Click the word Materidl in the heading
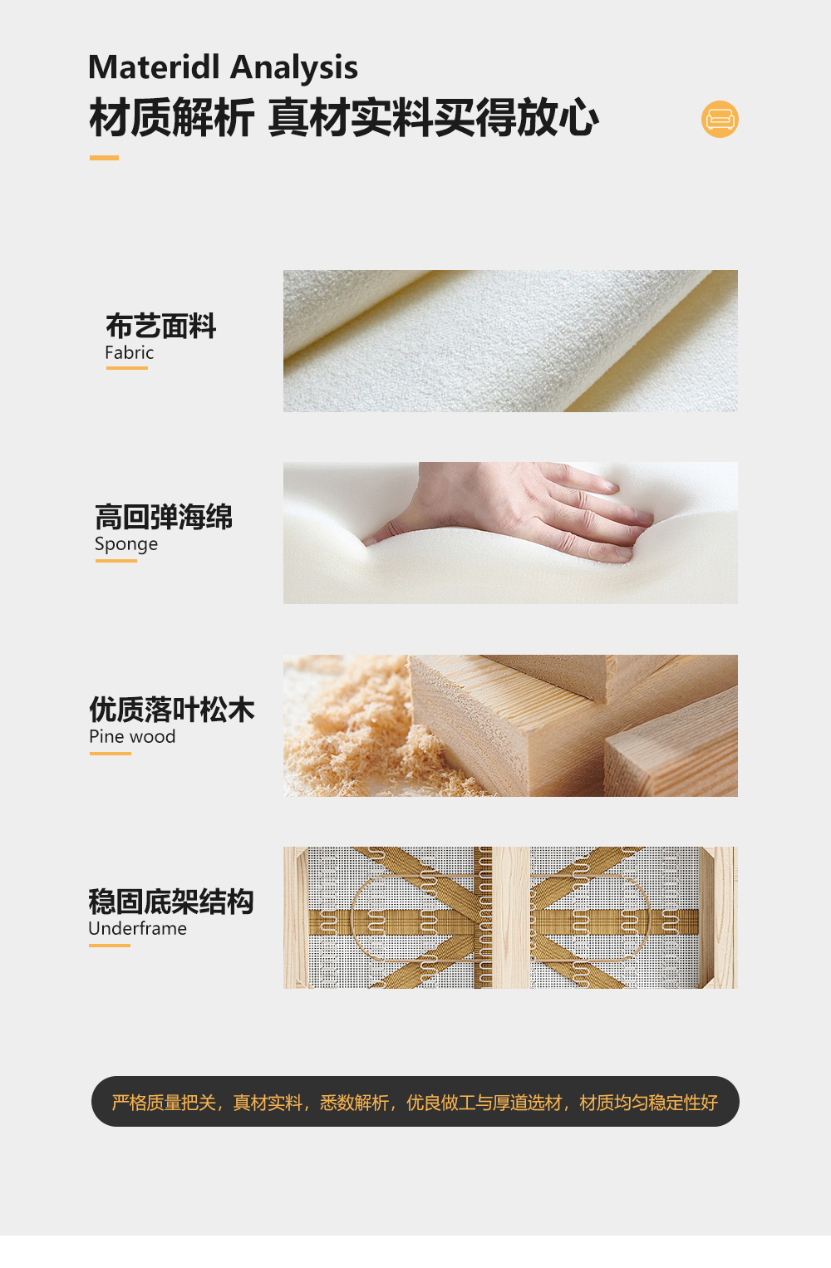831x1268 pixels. tap(154, 66)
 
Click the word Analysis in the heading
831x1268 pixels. tap(294, 68)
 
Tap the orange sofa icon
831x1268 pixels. tap(720, 119)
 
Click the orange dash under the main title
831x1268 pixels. tap(104, 158)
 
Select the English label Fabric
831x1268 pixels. tap(129, 352)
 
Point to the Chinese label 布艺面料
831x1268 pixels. tap(160, 326)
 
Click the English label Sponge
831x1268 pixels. tap(126, 544)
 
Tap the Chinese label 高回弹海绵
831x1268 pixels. tap(164, 517)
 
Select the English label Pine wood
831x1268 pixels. tap(132, 736)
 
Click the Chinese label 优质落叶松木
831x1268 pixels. tap(171, 710)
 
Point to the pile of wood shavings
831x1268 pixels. tap(362, 730)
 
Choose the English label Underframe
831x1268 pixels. tap(137, 928)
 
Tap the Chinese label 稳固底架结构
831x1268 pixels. tap(170, 902)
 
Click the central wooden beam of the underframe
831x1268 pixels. tap(510, 917)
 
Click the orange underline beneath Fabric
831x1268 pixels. tap(127, 368)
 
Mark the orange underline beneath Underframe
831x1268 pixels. tap(109, 946)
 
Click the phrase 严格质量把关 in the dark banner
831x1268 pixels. tap(164, 1103)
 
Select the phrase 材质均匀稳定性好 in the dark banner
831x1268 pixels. tap(649, 1103)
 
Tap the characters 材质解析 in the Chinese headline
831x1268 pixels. tap(171, 118)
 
